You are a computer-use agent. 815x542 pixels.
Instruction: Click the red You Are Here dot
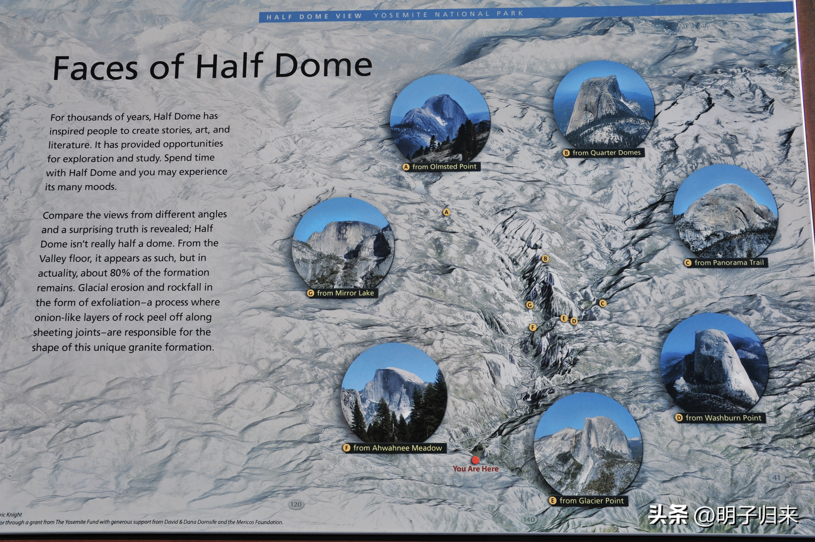pos(475,460)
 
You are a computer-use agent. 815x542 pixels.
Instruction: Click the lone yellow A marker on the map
pos(446,212)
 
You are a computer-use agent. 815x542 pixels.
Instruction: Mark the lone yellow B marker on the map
pos(545,259)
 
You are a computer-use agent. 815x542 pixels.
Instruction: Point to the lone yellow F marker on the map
pos(533,327)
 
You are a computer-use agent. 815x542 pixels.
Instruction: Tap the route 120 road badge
pos(296,504)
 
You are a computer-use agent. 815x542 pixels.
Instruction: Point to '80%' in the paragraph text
pos(120,273)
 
